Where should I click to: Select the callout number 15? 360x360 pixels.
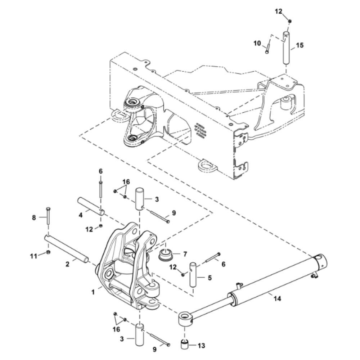tap(300, 45)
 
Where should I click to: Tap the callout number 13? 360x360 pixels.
tap(202, 346)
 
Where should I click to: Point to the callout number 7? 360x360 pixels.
tap(185, 254)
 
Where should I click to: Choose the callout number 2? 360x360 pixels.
tap(67, 264)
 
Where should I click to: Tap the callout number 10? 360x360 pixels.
tap(257, 43)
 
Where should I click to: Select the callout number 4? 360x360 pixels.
tap(81, 215)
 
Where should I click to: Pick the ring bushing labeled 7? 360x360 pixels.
tap(166, 256)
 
